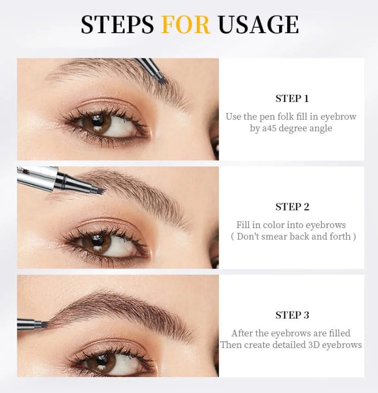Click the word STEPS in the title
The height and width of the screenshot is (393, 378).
tap(117, 25)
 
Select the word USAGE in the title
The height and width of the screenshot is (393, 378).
tap(258, 25)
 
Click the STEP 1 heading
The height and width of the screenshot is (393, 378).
tap(292, 99)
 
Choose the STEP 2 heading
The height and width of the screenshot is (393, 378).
tap(292, 207)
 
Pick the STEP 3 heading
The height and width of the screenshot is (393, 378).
tap(292, 315)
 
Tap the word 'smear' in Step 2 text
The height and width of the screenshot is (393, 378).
tap(273, 236)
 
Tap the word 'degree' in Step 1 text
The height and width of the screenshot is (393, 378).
tap(297, 129)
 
